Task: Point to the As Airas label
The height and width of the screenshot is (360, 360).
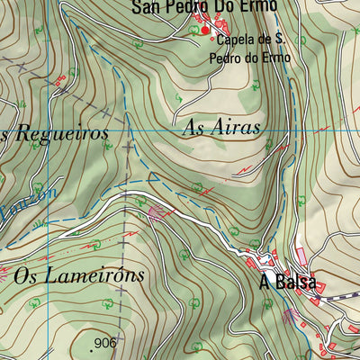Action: click(x=220, y=128)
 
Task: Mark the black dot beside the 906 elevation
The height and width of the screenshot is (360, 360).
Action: click(x=94, y=344)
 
